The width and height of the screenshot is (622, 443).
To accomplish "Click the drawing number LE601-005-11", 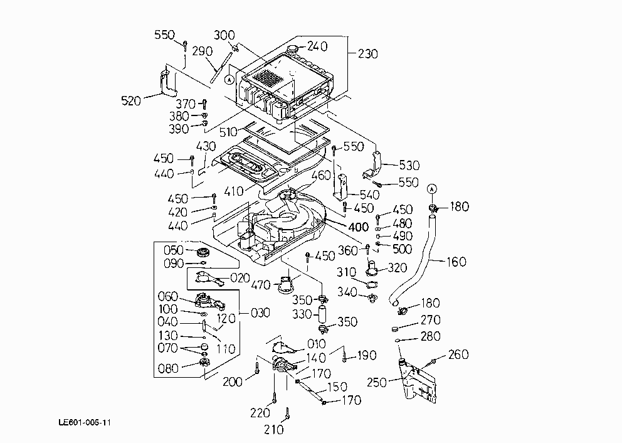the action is [x=85, y=422].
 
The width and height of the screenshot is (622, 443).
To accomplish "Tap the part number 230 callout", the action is [x=367, y=53].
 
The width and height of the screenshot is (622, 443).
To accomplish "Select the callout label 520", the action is [x=131, y=101].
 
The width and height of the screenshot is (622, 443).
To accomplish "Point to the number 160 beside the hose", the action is [x=456, y=262].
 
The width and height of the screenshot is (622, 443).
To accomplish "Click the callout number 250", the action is [x=376, y=382].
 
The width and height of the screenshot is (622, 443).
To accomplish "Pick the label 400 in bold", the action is [x=359, y=227].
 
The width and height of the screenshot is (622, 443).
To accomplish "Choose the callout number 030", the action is [x=260, y=313].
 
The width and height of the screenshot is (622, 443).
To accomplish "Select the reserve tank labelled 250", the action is [x=418, y=381].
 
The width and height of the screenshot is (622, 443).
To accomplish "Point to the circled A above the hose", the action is [x=432, y=189].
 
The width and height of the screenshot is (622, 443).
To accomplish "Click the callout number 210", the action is [x=274, y=429].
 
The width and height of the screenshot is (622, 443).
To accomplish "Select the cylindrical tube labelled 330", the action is [x=322, y=315].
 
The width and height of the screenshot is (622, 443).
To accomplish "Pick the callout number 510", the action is [x=228, y=132].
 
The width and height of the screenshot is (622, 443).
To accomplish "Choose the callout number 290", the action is [x=203, y=51].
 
